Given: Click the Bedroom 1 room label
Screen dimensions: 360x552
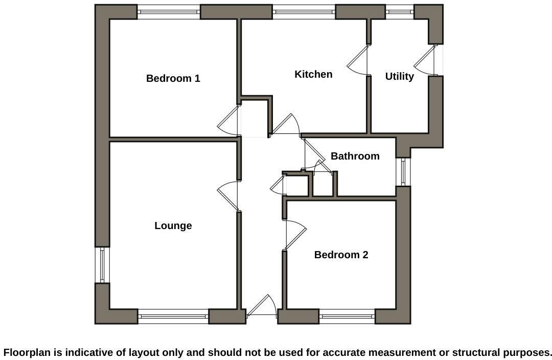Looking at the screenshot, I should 173,78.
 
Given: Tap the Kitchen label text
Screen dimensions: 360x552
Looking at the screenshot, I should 313,74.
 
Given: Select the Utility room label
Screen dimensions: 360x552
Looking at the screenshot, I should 399,76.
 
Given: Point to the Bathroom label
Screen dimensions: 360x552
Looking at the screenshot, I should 355,156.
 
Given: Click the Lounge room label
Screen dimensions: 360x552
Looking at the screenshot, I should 173,226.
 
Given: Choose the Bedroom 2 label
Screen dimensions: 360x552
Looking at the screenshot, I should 341,255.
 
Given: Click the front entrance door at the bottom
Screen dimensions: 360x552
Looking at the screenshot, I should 262,307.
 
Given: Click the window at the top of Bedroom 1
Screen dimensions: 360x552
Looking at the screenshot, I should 169,12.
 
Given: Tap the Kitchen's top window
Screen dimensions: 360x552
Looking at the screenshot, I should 304,12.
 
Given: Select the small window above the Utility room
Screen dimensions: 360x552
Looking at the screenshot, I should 399,12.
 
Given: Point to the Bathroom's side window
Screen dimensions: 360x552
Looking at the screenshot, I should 403,172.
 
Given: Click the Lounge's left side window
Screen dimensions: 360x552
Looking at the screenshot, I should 102,265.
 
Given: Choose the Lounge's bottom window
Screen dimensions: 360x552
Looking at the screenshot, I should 173,317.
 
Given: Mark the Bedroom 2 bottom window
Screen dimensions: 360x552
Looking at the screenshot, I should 347,317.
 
